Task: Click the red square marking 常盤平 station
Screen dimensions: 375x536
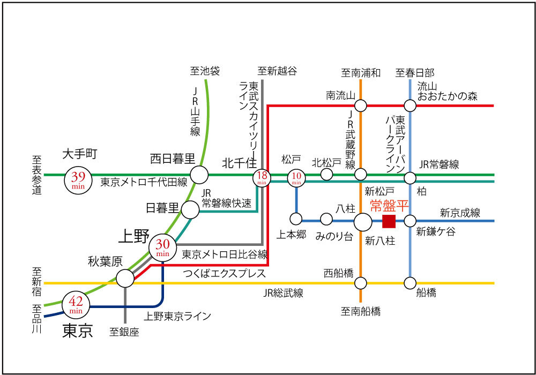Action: (x=389, y=221)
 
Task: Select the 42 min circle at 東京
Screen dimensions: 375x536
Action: (x=75, y=305)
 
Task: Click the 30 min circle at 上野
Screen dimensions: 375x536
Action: (x=162, y=247)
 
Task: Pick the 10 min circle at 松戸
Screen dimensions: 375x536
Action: (x=296, y=178)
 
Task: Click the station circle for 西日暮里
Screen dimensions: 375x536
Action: (x=199, y=175)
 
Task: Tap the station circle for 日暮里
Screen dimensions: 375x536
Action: (x=190, y=210)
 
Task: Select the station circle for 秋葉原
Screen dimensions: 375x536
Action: (x=125, y=278)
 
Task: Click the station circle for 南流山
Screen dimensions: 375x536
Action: (x=361, y=105)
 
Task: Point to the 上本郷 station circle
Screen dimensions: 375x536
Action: (x=296, y=219)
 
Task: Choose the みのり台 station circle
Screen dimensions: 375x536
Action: (x=326, y=219)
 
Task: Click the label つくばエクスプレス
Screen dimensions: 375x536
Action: (x=225, y=274)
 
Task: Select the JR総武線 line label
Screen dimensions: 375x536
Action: (x=284, y=293)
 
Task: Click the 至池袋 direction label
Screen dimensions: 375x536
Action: (x=205, y=71)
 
